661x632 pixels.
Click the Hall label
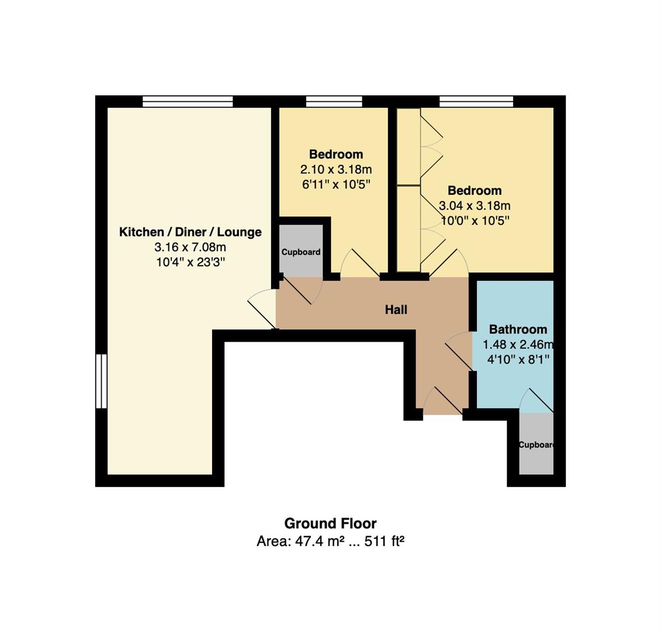396,310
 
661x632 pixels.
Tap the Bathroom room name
518,329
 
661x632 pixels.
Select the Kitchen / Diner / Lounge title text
190,232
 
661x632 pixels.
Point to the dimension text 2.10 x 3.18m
336,170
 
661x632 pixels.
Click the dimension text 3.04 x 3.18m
475,206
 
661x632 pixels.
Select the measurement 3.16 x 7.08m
190,248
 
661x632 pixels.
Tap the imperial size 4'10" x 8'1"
518,360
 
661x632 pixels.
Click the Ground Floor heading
330,524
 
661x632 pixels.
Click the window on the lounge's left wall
102,381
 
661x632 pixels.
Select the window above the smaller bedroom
334,102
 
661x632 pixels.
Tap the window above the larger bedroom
476,102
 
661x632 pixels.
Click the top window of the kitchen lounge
188,102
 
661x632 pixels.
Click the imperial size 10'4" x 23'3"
190,263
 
